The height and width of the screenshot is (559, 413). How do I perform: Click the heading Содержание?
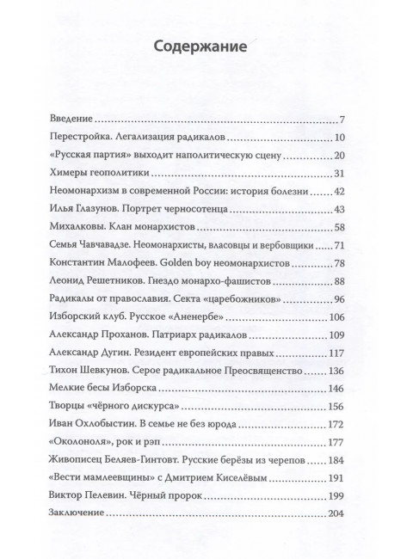(206, 47)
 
